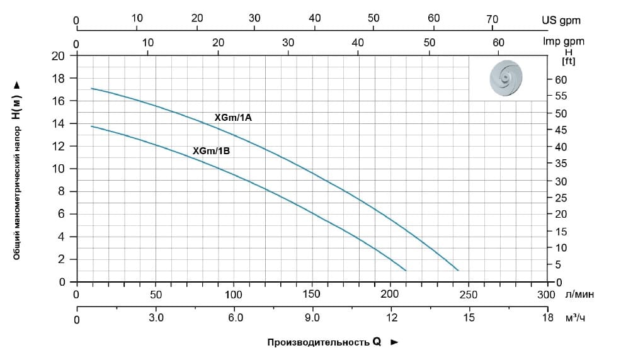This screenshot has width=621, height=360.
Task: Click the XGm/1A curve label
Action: [x=233, y=118]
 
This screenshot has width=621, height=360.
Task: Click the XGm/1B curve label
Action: [x=211, y=151]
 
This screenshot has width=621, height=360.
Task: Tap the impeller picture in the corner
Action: [x=507, y=78]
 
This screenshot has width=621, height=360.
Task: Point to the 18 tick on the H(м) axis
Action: [x=61, y=79]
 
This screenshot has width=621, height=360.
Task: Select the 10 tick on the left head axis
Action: [x=61, y=169]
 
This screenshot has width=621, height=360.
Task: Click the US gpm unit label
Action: [x=561, y=20]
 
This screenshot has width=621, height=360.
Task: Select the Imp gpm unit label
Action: [x=564, y=42]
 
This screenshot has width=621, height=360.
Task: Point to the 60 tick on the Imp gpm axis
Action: [x=499, y=42]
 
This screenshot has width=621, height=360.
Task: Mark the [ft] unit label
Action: [x=568, y=61]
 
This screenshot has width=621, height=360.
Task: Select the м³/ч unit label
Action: [x=578, y=318]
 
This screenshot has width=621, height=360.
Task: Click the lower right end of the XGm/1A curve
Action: [x=459, y=270]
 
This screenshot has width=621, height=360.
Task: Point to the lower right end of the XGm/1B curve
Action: [x=406, y=270]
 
